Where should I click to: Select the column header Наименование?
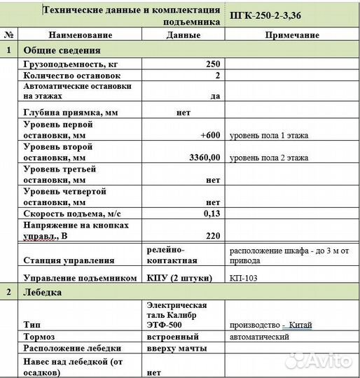81,35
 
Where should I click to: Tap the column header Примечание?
293,35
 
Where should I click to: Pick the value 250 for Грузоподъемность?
213,64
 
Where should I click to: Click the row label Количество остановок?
72,75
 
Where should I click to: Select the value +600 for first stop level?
210,135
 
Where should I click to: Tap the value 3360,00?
205,157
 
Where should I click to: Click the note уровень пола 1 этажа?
269,135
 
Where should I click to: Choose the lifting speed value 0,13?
212,213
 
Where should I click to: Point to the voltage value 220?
213,236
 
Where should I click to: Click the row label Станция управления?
69,260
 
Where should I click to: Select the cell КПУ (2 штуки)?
179,277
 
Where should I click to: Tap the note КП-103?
243,277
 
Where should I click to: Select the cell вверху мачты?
176,348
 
